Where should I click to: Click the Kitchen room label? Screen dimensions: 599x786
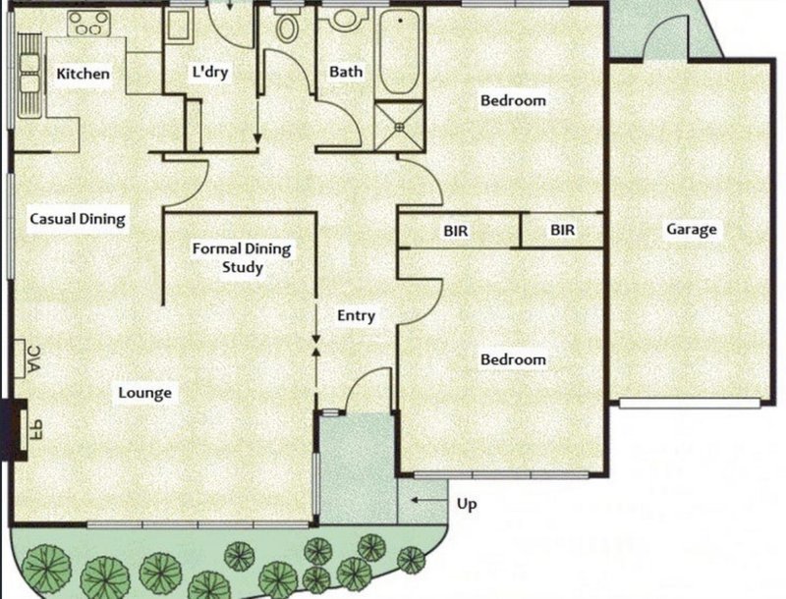[x=83, y=75]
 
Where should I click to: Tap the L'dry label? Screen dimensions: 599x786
[x=210, y=73]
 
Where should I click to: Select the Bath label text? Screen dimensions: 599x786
[x=346, y=72]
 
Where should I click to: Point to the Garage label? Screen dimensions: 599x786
[x=692, y=231]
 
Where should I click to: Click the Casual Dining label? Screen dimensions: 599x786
[x=78, y=219]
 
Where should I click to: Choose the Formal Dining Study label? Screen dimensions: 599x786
[x=242, y=257]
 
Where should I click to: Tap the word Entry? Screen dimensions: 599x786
[x=356, y=315]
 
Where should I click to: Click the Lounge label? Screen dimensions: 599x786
[x=145, y=393]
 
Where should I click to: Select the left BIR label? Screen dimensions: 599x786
[x=455, y=231]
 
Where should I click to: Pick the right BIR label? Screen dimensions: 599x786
[x=562, y=231]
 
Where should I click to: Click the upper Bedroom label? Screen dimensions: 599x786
[x=512, y=100]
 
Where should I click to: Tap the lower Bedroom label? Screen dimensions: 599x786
[x=512, y=360]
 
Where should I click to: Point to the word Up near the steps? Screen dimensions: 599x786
[x=469, y=504]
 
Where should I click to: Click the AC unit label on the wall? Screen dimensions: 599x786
[x=30, y=359]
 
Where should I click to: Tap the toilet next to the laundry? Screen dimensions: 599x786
[x=287, y=27]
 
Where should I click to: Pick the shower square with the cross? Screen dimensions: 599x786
[x=399, y=122]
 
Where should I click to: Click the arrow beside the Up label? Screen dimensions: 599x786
[x=422, y=502]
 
